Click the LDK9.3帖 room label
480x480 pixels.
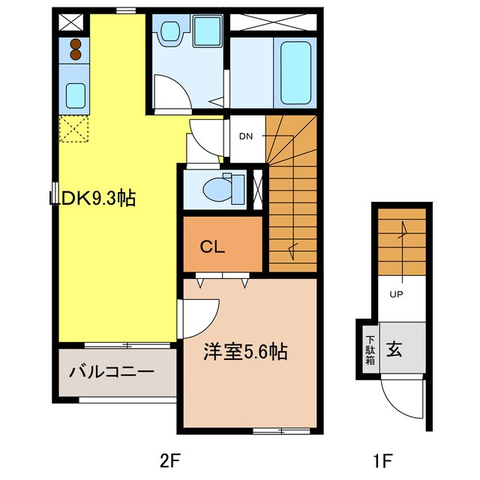pos(93,199)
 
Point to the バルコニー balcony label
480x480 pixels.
pos(112,371)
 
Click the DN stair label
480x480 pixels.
pos(246,136)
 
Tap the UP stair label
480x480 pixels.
pos(396,294)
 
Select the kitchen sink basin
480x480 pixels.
pos(75,95)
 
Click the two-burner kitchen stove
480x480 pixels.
pos(75,49)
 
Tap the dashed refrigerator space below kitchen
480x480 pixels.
pos(75,129)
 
